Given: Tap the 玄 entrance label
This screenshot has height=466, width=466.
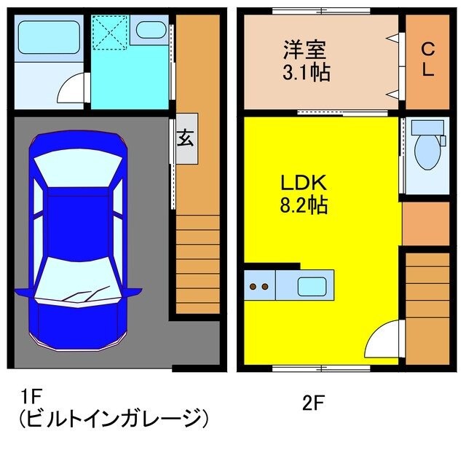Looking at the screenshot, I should pos(186,138).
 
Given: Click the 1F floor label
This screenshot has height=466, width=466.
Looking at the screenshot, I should pos(31,396).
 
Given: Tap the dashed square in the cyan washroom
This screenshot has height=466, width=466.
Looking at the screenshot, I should pos(110,33).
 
